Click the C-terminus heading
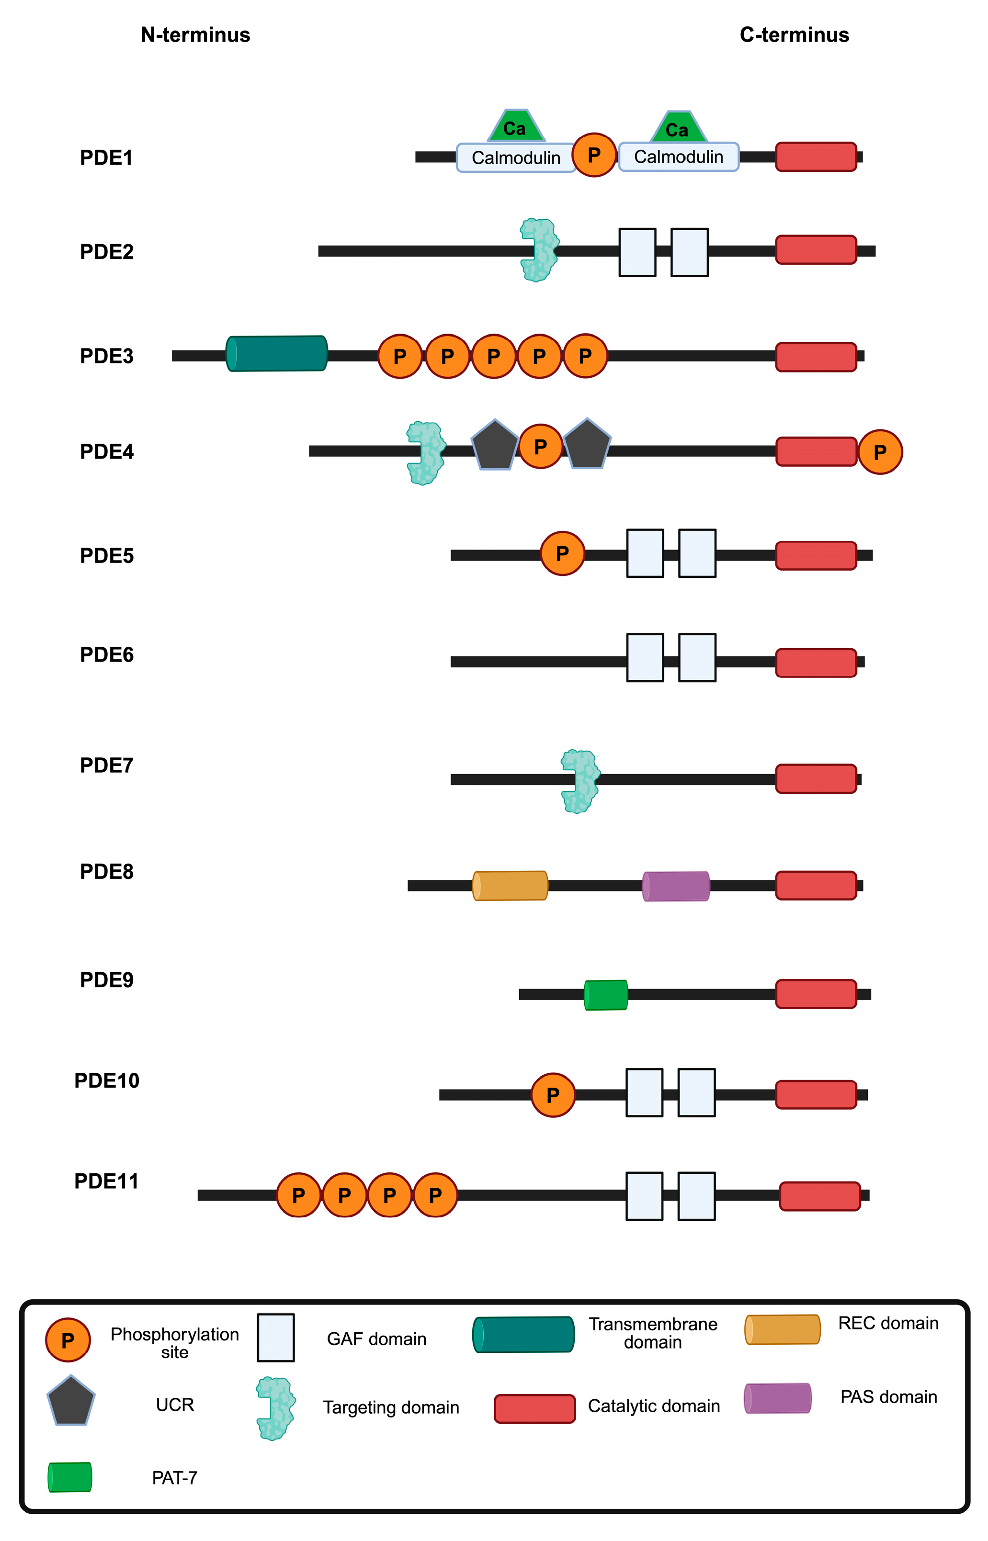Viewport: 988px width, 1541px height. coord(794,34)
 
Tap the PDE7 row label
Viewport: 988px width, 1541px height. coord(106,765)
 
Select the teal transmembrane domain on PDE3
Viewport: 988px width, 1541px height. coord(276,353)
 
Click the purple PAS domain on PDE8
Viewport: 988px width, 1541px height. coord(676,886)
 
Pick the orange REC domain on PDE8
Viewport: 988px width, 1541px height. coord(510,886)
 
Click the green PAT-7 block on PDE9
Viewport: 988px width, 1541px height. coord(606,995)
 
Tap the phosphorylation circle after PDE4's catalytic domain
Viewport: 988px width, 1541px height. coord(880,452)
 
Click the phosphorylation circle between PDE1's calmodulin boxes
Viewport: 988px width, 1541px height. coord(594,155)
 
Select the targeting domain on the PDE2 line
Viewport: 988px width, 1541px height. coord(539,250)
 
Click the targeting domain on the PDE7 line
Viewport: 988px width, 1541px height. coord(580,781)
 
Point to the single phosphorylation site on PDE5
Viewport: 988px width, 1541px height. coord(562,553)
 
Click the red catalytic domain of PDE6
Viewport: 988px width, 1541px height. coord(816,663)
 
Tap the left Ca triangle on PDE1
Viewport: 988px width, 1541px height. coord(515,127)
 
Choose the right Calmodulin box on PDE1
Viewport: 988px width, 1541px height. coord(678,157)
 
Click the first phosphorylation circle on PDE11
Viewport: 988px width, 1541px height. coord(298,1195)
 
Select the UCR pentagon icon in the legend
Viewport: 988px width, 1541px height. coord(70,1401)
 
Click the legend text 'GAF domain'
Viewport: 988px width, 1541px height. coord(376,1339)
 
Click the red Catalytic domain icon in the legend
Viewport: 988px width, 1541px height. coord(534,1408)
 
